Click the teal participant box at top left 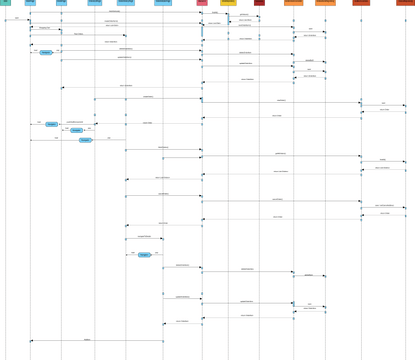click(5, 3)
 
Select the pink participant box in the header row click(202, 3)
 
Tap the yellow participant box click(228, 3)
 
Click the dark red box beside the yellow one click(259, 3)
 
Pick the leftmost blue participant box click(30, 3)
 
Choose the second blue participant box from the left click(61, 3)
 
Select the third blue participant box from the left click(95, 3)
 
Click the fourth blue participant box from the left click(126, 3)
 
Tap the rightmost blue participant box click(163, 3)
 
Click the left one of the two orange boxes click(293, 3)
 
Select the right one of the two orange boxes click(325, 3)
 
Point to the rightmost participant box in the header click(405, 3)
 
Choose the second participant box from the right click(361, 3)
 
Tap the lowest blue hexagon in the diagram click(144, 255)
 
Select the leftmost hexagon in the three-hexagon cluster click(52, 124)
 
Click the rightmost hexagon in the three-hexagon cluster click(85, 140)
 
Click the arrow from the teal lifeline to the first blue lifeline click(17, 20)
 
